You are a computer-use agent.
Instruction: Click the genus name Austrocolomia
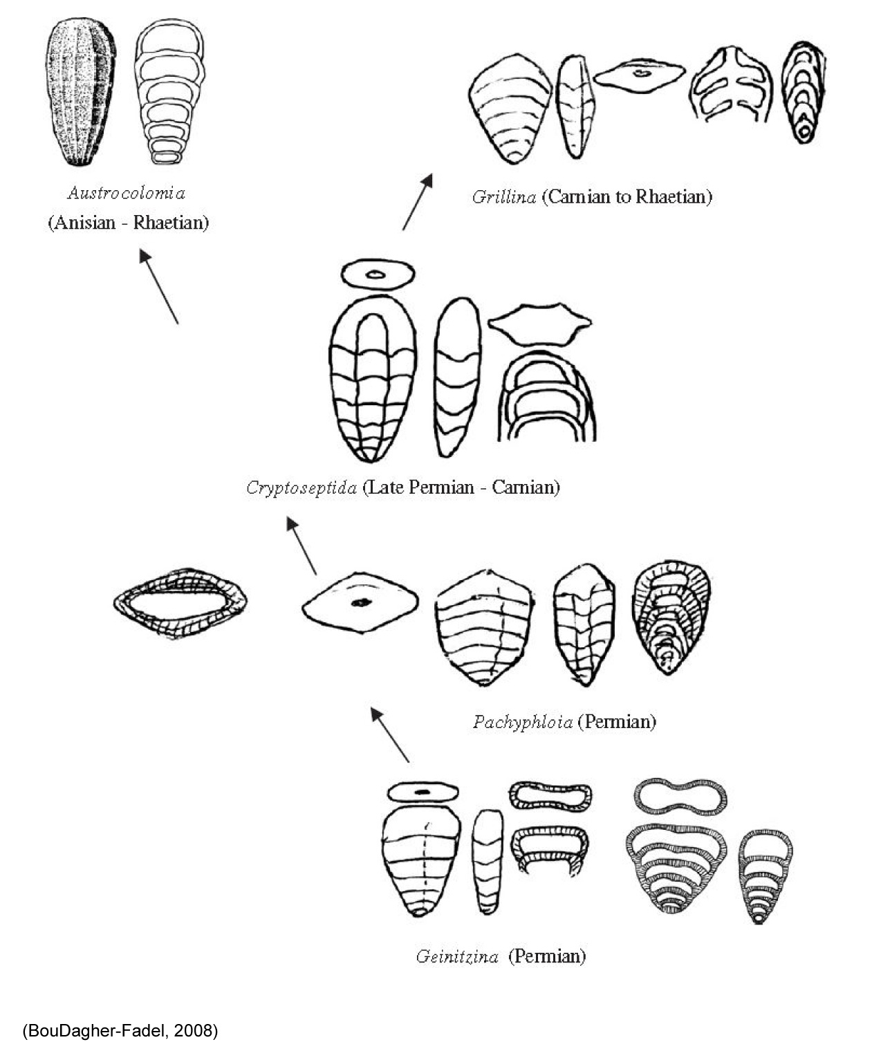pyautogui.click(x=127, y=193)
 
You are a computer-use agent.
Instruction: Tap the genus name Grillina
pyautogui.click(x=504, y=196)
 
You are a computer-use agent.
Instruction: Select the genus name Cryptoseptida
pyautogui.click(x=302, y=487)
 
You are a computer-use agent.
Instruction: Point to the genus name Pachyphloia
pyautogui.click(x=523, y=722)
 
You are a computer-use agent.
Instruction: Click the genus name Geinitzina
pyautogui.click(x=457, y=956)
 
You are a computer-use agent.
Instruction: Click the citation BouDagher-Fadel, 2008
pyautogui.click(x=120, y=1027)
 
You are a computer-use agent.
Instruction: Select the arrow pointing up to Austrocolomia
pyautogui.click(x=159, y=286)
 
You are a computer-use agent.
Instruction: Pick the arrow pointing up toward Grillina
pyautogui.click(x=418, y=202)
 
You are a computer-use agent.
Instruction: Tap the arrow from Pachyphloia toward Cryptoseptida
pyautogui.click(x=302, y=546)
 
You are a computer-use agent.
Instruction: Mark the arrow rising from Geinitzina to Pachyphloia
pyautogui.click(x=390, y=734)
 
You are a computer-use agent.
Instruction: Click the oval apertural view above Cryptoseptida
pyautogui.click(x=378, y=274)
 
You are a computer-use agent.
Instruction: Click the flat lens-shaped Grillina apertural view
pyautogui.click(x=640, y=75)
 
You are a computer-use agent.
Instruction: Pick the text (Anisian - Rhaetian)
pyautogui.click(x=129, y=223)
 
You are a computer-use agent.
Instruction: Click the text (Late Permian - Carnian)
pyautogui.click(x=461, y=487)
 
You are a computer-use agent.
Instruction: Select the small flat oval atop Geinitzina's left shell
pyautogui.click(x=423, y=792)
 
